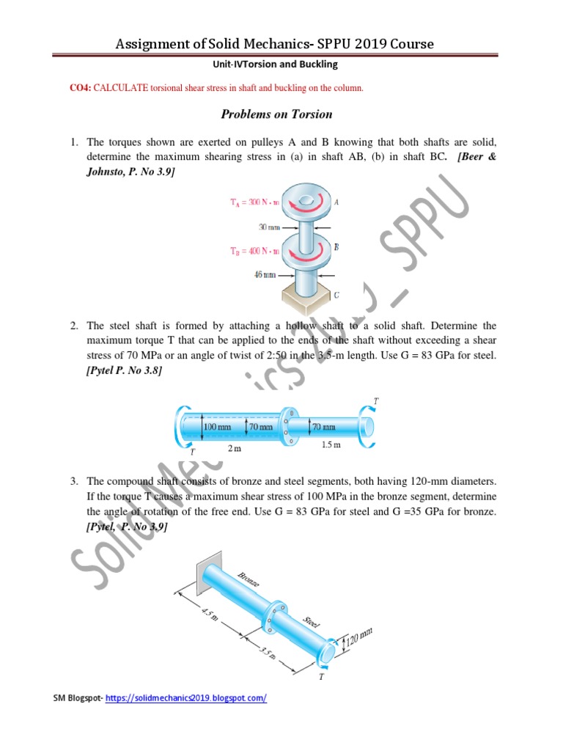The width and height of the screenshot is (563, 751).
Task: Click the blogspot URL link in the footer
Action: click(x=186, y=698)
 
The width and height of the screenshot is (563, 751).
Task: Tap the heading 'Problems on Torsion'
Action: click(x=276, y=114)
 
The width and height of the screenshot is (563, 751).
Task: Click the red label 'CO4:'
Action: click(x=80, y=88)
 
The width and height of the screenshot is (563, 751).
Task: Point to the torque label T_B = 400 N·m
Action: click(x=251, y=251)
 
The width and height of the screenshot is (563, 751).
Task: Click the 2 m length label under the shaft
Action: click(x=234, y=448)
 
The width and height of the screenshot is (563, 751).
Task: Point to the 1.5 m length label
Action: click(x=331, y=445)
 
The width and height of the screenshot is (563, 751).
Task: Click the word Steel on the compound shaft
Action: click(x=312, y=623)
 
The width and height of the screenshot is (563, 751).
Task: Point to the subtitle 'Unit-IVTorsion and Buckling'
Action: click(x=276, y=65)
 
